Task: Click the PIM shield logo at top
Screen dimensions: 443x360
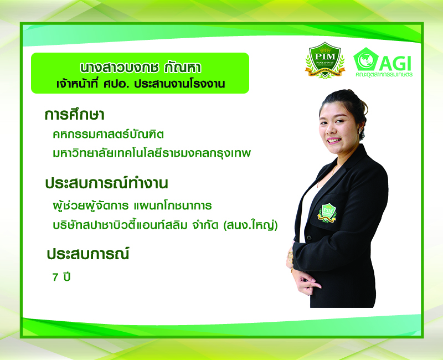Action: click(x=325, y=60)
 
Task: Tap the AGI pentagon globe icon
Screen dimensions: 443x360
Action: click(x=365, y=59)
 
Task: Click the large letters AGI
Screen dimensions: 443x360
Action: click(x=395, y=63)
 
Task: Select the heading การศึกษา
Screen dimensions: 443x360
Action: click(x=75, y=115)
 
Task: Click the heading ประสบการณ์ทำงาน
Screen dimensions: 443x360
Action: click(x=106, y=183)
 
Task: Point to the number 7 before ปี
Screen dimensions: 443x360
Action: click(x=55, y=277)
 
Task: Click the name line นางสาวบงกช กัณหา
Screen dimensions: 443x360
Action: click(x=141, y=68)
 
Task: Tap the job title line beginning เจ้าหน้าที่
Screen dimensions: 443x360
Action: click(x=141, y=84)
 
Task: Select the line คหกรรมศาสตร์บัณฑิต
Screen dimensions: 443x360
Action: click(x=108, y=134)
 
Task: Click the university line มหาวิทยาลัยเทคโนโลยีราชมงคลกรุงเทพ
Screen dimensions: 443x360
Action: click(x=152, y=153)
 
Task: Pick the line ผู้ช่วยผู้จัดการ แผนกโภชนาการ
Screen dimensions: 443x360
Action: click(x=132, y=205)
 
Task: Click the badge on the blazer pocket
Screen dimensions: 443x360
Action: click(x=327, y=213)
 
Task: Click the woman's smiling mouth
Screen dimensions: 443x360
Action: click(x=334, y=140)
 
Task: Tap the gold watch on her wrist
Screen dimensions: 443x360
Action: click(x=290, y=256)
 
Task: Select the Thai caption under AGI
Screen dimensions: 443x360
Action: click(x=384, y=75)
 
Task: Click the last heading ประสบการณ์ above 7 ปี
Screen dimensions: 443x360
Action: click(x=87, y=254)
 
